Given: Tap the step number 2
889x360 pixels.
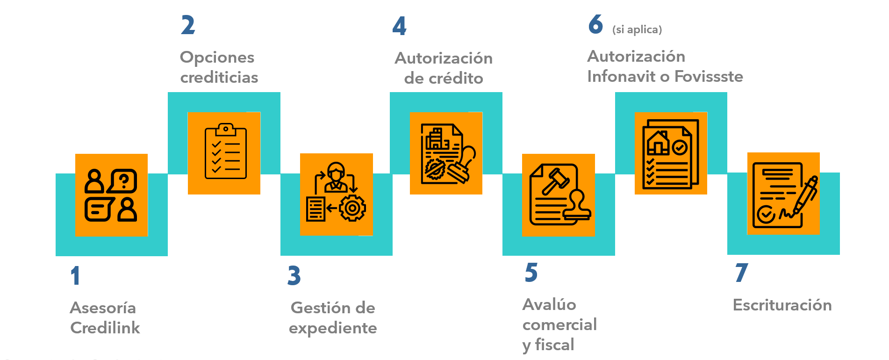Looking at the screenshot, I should click(188, 25).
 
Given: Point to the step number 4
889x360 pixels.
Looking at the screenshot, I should click(399, 26).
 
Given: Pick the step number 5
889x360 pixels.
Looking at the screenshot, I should click(531, 273).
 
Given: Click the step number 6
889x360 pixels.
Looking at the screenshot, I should click(595, 24).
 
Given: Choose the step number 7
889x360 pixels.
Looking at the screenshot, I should click(741, 273).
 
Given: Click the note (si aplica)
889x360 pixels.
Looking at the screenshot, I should click(637, 30).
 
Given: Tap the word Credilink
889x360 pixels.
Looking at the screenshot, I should click(105, 328).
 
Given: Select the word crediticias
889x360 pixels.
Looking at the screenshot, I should click(219, 77).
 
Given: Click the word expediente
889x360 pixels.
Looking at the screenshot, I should click(333, 328).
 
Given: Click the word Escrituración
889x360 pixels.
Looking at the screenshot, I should click(782, 305).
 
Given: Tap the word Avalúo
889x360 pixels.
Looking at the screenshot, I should click(549, 304).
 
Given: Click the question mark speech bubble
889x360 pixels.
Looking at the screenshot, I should click(123, 180).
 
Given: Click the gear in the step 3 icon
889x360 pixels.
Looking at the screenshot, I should click(352, 208).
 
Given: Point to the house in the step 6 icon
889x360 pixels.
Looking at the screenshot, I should click(658, 142).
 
